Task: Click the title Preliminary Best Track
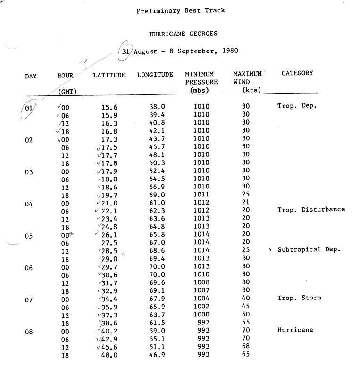click(x=181, y=10)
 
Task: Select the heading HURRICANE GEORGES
click(x=183, y=34)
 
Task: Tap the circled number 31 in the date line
click(x=125, y=51)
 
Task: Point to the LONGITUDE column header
click(x=155, y=75)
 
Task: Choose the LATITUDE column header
click(x=109, y=75)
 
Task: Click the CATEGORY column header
click(x=297, y=73)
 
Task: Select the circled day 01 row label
click(x=29, y=107)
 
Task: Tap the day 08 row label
click(x=29, y=332)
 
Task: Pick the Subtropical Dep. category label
click(x=309, y=250)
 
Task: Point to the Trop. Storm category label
click(x=299, y=298)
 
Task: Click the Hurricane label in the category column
click(x=295, y=330)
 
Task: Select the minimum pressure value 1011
click(x=201, y=195)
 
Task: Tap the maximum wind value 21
click(x=245, y=203)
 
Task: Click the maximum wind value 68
click(x=245, y=347)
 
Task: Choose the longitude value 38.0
click(x=157, y=107)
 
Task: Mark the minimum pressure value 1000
click(x=201, y=315)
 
